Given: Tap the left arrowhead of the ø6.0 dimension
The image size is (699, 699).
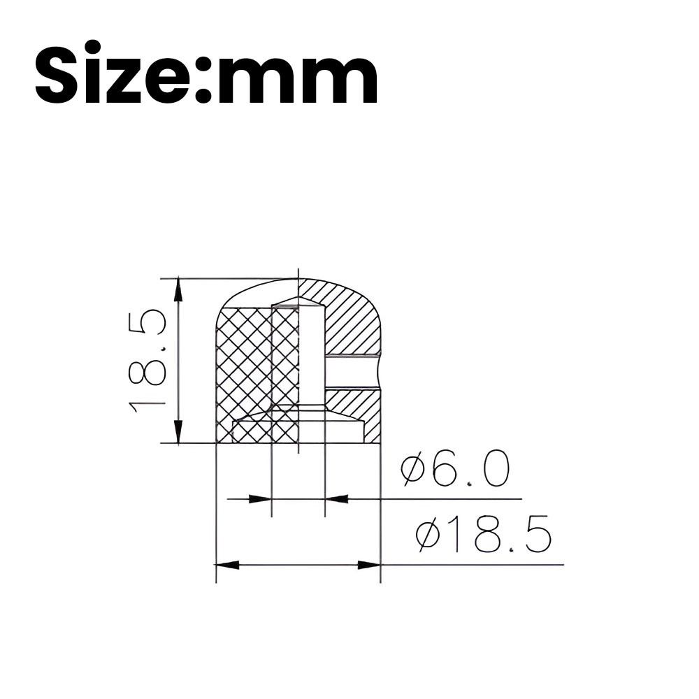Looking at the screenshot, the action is tap(260, 499).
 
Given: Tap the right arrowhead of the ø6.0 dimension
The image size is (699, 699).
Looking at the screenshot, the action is tap(337, 499).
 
